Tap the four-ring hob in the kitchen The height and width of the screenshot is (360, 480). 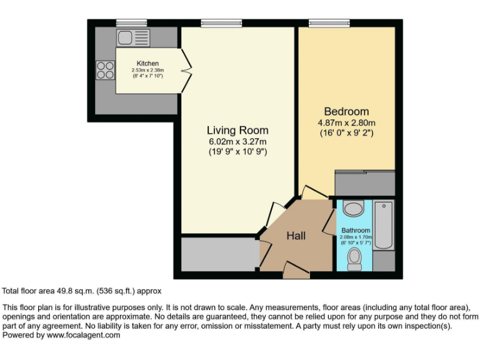coord(105,69)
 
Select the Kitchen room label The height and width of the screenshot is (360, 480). coord(147,63)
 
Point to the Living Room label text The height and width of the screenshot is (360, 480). coord(237,130)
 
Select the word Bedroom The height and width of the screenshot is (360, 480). coord(346,112)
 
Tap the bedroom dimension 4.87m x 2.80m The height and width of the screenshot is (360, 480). coord(346,122)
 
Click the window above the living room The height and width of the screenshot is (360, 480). coord(221,23)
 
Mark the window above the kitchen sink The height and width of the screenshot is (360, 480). coord(131,23)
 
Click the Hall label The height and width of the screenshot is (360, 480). coord(296,236)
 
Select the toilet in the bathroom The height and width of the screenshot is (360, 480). coord(354,259)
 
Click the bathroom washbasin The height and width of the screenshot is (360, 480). coord(354,209)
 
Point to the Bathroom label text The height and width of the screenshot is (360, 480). coord(356,231)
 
